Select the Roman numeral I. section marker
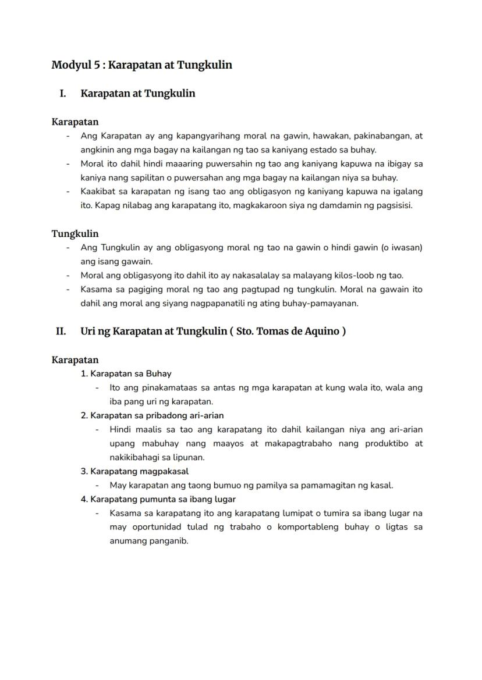tap(62, 94)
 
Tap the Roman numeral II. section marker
tap(61, 332)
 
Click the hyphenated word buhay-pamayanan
tap(323, 304)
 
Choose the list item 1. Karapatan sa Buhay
tap(126, 373)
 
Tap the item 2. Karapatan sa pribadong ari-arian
tap(152, 415)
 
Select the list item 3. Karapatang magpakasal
tap(134, 471)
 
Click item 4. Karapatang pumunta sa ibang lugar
tap(158, 499)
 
